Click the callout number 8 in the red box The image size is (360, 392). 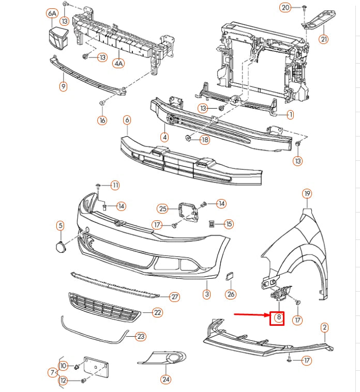coord(278,318)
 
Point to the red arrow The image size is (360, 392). coord(250,314)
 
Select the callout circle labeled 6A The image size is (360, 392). coord(52,12)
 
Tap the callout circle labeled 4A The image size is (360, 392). coord(119,63)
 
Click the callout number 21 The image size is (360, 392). coord(323,39)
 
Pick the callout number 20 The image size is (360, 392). coord(286,7)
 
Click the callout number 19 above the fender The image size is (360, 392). coord(307,194)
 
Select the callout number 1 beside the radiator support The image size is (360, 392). coord(290,114)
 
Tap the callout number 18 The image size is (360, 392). coord(205,140)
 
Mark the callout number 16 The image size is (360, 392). coord(102,120)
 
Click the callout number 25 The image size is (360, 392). coord(163,209)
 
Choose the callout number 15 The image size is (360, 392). coord(228,224)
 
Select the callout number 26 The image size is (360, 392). coord(231,294)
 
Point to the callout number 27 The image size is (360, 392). coord(174,297)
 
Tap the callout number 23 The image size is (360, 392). coord(141,336)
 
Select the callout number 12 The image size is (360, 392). coord(63,381)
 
